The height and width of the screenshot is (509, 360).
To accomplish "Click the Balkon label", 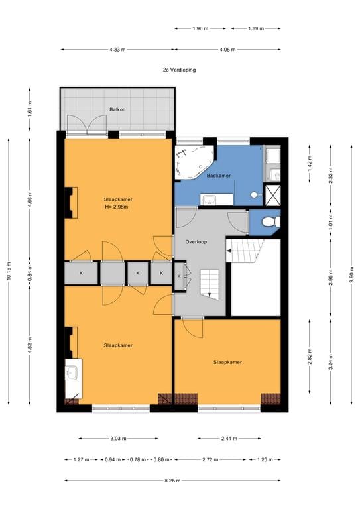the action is click(x=117, y=109).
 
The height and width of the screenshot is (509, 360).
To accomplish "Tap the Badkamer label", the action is click(x=219, y=175).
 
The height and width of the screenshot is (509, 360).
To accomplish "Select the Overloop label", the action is click(x=196, y=241).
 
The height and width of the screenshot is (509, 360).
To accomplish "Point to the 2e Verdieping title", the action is click(x=179, y=70).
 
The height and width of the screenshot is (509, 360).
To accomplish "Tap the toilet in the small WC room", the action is click(x=271, y=222).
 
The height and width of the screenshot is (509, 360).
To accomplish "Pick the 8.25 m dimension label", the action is click(x=172, y=481).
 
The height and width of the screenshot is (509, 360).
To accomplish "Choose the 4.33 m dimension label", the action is click(x=117, y=50).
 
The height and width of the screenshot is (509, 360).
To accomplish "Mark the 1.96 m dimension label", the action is click(x=200, y=28).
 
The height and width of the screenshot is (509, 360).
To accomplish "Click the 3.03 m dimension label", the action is click(x=118, y=438).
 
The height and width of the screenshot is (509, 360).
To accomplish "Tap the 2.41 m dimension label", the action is click(x=229, y=438).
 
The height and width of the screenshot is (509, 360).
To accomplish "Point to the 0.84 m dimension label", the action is click(x=30, y=273).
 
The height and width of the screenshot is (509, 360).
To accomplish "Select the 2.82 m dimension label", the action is click(x=310, y=356).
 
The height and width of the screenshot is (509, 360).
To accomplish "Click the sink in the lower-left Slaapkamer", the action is click(x=71, y=372).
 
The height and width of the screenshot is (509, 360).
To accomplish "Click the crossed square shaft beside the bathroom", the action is click(x=272, y=195).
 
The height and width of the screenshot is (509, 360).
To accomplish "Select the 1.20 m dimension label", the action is click(x=265, y=459).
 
